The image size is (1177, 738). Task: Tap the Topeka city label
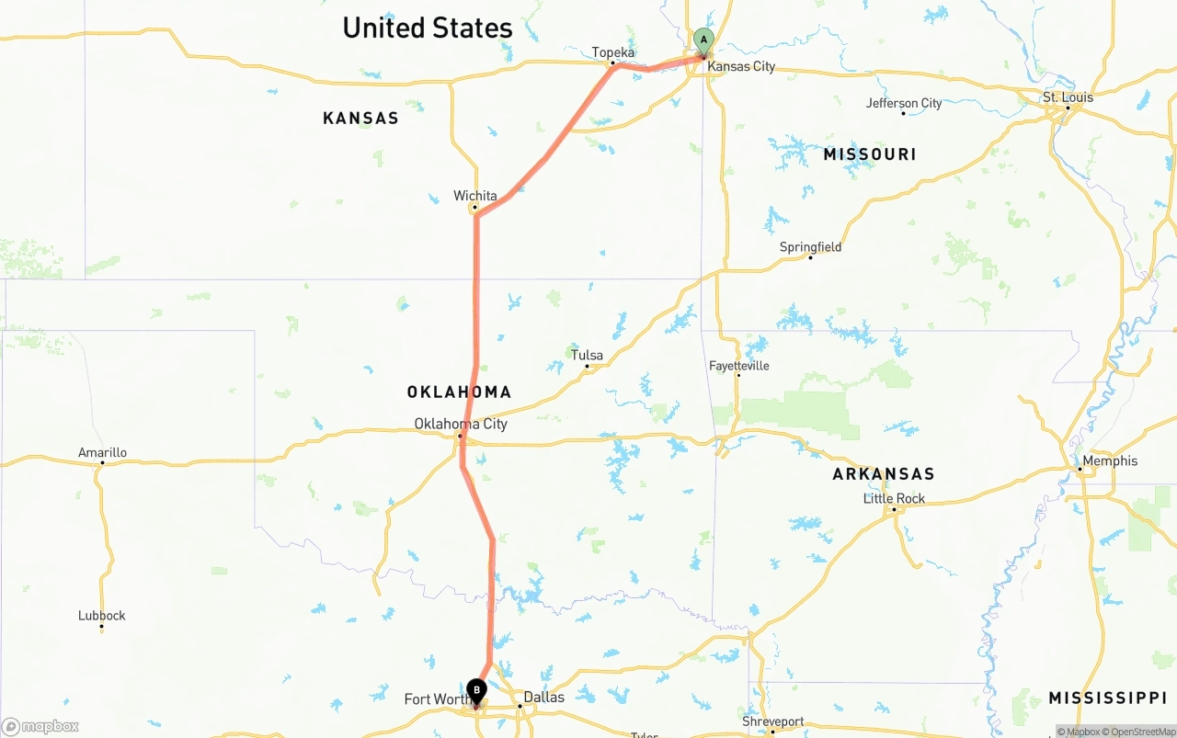(x=613, y=52)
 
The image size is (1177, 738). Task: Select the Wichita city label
(x=474, y=196)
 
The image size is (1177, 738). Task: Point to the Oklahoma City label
(x=460, y=424)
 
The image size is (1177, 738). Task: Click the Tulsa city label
(x=587, y=355)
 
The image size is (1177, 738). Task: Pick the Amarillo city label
(x=102, y=452)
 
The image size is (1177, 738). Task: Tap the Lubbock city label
(x=101, y=616)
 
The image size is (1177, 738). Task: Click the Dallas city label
(x=543, y=697)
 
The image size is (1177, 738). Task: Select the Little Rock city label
(x=894, y=498)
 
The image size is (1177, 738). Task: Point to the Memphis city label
(x=1110, y=460)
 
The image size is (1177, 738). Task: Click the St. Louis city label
(x=1068, y=97)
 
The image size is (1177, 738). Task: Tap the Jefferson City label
(x=904, y=103)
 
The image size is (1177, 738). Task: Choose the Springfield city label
(x=810, y=246)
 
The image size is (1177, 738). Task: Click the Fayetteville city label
(x=738, y=366)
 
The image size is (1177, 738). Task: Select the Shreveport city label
(x=772, y=721)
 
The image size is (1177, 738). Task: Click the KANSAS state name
(x=360, y=118)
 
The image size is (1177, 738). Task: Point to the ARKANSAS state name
(x=883, y=473)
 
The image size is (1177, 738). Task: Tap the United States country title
(x=428, y=28)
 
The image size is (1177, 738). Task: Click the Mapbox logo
(x=40, y=726)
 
